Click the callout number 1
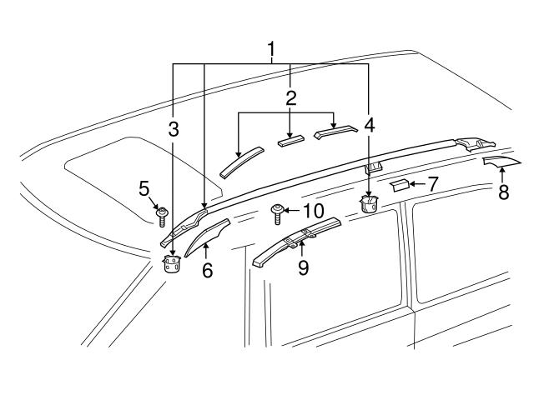(271, 50)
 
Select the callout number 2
(290, 98)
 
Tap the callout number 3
(174, 129)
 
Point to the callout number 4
(369, 125)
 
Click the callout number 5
(144, 188)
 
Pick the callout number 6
(207, 270)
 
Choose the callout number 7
(432, 184)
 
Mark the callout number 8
(503, 192)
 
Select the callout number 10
(314, 211)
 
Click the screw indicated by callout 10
(277, 214)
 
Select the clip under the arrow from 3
(172, 263)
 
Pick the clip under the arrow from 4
(369, 204)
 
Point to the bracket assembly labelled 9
(295, 242)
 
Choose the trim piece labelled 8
(501, 161)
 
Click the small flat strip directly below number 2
(291, 141)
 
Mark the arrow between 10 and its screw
(291, 211)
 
